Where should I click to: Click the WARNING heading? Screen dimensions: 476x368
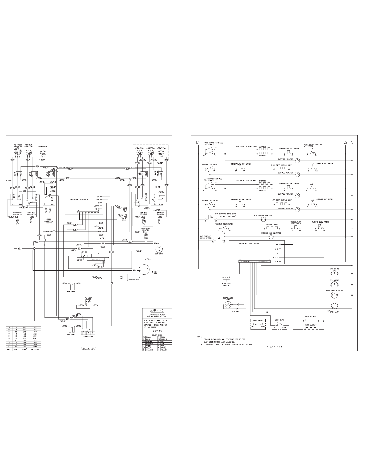(x=157, y=310)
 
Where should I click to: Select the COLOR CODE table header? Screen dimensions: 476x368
(x=157, y=335)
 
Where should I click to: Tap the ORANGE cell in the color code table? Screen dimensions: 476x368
(x=149, y=350)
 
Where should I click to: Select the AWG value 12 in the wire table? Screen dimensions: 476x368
(x=14, y=334)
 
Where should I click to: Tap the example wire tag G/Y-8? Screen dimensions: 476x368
(x=157, y=331)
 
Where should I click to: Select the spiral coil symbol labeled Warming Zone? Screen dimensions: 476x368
(x=43, y=153)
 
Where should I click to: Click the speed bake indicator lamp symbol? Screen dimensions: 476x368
(x=334, y=296)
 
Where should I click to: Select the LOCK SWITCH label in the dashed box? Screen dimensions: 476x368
(x=280, y=320)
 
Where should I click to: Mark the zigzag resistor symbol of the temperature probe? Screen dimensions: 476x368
(x=228, y=305)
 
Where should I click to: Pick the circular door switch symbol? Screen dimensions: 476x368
(x=158, y=248)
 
